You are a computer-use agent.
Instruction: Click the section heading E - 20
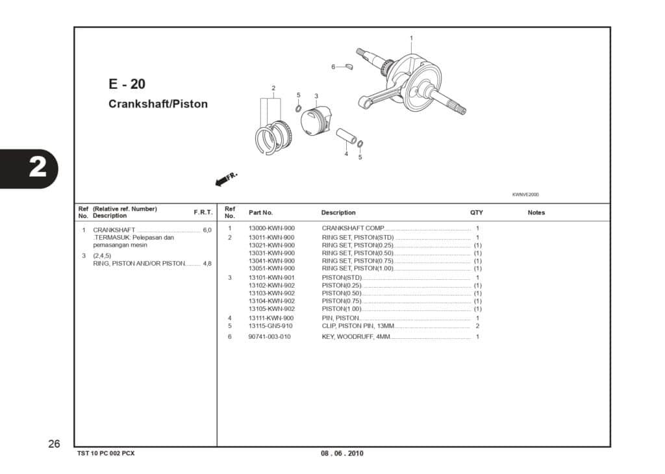tap(127, 84)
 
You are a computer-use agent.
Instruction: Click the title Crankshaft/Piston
tap(158, 104)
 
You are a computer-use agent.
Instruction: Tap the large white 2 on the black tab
tap(38, 168)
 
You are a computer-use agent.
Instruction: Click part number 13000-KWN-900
tap(271, 229)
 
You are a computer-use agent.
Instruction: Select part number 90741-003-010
tap(270, 337)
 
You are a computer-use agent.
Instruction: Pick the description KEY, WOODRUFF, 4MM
tap(356, 337)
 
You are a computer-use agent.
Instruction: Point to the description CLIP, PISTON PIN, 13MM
tap(358, 326)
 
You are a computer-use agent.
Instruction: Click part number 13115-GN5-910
tap(271, 326)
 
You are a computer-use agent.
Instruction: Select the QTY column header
tap(477, 213)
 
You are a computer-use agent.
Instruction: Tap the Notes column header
tap(536, 213)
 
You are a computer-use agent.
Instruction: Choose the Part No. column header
tap(260, 213)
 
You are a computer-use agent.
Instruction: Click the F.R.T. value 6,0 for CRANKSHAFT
tap(207, 231)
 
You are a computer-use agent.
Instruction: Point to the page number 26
tap(54, 444)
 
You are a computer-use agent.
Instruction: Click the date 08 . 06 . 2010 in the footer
tap(342, 453)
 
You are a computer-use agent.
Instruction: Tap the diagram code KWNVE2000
tap(525, 194)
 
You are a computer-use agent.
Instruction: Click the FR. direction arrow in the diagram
tap(225, 179)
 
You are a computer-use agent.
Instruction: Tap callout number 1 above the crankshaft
tap(411, 38)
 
